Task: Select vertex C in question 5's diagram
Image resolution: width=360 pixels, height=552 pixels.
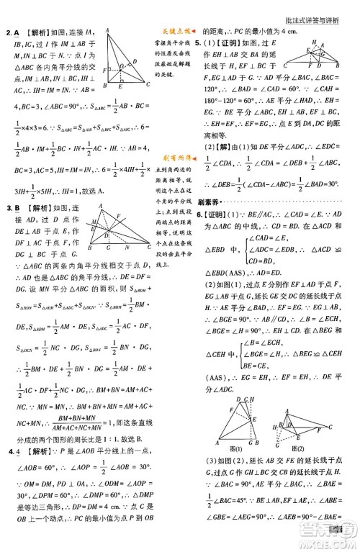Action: click(x=337, y=67)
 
